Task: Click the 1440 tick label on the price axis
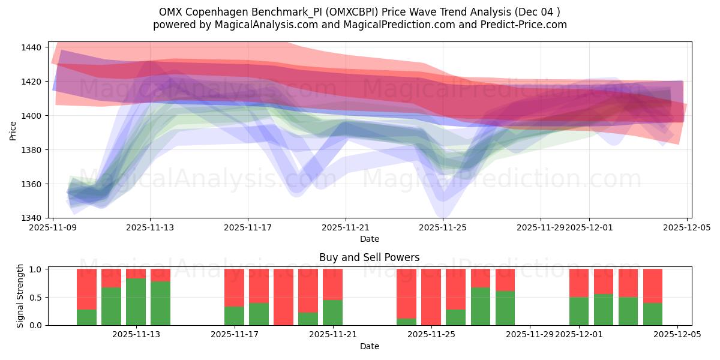tap(31, 47)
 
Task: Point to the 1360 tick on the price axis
tap(31, 184)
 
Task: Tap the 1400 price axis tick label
tap(31, 116)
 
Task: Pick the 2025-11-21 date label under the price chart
tap(346, 228)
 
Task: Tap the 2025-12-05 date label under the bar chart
tap(677, 335)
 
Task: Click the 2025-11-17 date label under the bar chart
tap(234, 335)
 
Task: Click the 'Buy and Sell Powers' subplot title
tap(369, 257)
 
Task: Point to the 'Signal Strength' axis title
tap(20, 296)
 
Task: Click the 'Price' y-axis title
tap(13, 130)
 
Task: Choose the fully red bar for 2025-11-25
tap(431, 297)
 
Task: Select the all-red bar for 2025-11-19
tap(283, 297)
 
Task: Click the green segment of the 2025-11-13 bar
tap(136, 302)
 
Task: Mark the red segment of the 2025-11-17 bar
tap(234, 287)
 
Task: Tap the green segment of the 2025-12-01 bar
tap(579, 311)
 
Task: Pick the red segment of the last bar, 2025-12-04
tap(653, 286)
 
